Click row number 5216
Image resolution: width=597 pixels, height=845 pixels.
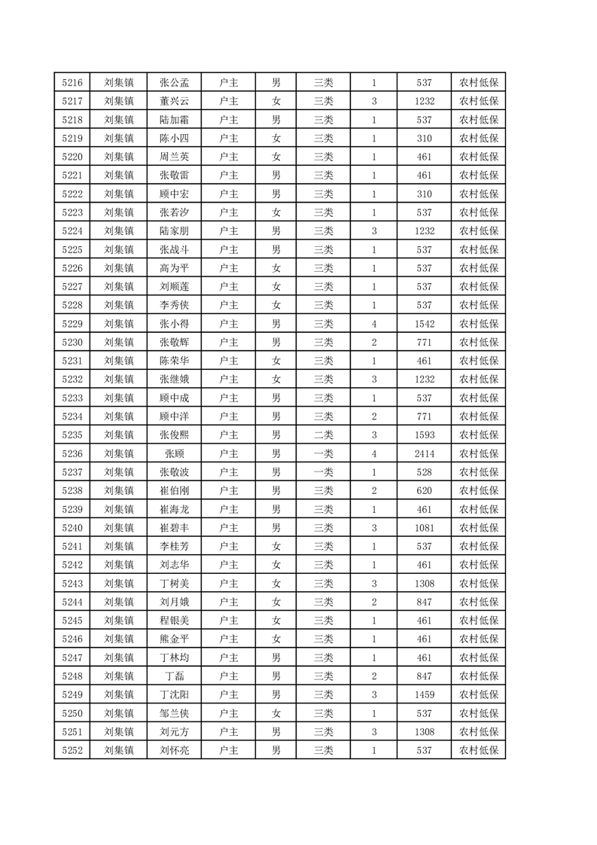[x=72, y=83]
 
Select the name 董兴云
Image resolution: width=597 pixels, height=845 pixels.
[x=174, y=102]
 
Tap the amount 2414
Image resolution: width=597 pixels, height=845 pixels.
[x=424, y=453]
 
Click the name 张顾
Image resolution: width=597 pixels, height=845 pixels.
[x=174, y=453]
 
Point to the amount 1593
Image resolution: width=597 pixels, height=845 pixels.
[x=424, y=435]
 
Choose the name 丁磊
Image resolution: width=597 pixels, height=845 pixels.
[x=174, y=676]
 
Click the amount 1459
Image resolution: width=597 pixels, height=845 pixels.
[x=424, y=694]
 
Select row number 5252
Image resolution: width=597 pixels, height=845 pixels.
[x=72, y=750]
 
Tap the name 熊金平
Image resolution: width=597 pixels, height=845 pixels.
[x=174, y=639]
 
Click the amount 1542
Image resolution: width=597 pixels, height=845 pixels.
[x=424, y=324]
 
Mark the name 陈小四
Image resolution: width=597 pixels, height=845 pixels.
[x=174, y=139]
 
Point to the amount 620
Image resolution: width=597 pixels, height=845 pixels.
[x=424, y=490]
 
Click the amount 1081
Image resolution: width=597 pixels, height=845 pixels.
[x=424, y=527]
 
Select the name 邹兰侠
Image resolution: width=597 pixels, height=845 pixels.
[x=174, y=712]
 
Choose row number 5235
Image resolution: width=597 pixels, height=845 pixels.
[x=72, y=435]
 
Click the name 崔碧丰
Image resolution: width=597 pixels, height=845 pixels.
[x=174, y=527]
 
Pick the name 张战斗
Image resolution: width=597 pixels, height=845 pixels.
[x=174, y=249]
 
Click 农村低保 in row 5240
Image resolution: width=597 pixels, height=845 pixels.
[x=478, y=527]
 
